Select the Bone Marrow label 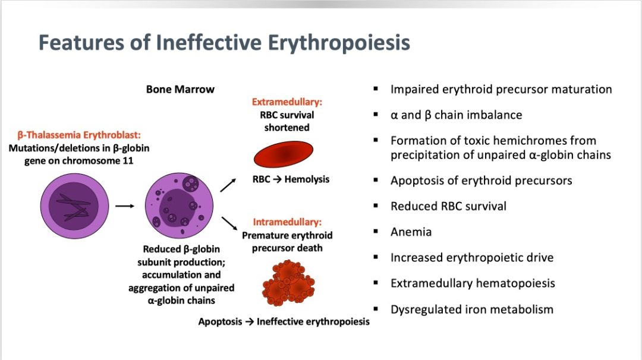tap(180, 89)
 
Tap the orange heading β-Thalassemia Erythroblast tap(79, 135)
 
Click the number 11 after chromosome tap(128, 161)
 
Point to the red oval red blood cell tap(284, 154)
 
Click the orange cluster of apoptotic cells tap(288, 283)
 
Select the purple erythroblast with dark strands tap(74, 206)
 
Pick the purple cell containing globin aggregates tap(179, 206)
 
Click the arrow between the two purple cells tap(124, 206)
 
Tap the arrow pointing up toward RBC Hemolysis tap(228, 185)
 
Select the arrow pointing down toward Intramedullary tap(229, 223)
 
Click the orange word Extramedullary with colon tap(287, 102)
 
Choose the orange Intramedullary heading tap(287, 222)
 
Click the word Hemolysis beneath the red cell tap(307, 179)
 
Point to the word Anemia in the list tap(411, 232)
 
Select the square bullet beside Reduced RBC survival tap(376, 206)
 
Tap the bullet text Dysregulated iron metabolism tap(471, 310)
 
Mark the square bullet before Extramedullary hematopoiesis tap(376, 283)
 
